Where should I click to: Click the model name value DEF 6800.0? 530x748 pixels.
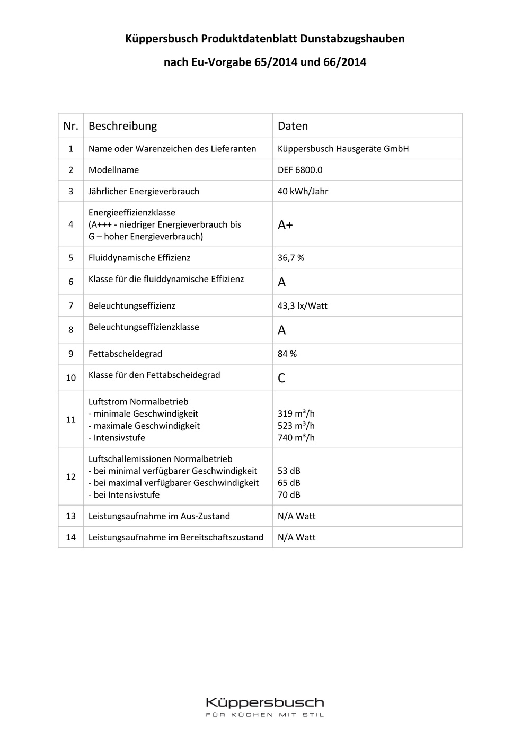[300, 170]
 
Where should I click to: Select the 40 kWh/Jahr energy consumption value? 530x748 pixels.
[303, 191]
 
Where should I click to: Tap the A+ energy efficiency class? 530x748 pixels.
[285, 225]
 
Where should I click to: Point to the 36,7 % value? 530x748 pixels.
[291, 258]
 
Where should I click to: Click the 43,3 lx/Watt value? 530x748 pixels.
[303, 305]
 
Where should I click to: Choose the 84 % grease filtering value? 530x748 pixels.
[287, 354]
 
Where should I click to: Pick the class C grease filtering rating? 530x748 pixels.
[281, 378]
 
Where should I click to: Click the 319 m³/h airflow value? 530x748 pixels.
[296, 414]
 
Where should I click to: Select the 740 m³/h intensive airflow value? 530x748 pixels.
[296, 438]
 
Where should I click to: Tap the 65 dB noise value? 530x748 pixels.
[289, 483]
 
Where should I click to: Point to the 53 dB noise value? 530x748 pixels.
[289, 471]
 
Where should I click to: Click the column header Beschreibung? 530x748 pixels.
[122, 126]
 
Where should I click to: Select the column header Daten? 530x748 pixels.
[293, 126]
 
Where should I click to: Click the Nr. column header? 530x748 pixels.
[70, 126]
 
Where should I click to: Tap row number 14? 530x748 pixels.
[70, 537]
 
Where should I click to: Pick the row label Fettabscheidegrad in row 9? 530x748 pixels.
[125, 354]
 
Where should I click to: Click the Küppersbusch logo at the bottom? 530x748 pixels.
[264, 702]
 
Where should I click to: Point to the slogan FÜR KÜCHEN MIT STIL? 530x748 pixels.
[264, 715]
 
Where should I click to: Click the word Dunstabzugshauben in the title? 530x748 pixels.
[352, 39]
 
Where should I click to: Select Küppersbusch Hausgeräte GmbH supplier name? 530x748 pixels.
[343, 149]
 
